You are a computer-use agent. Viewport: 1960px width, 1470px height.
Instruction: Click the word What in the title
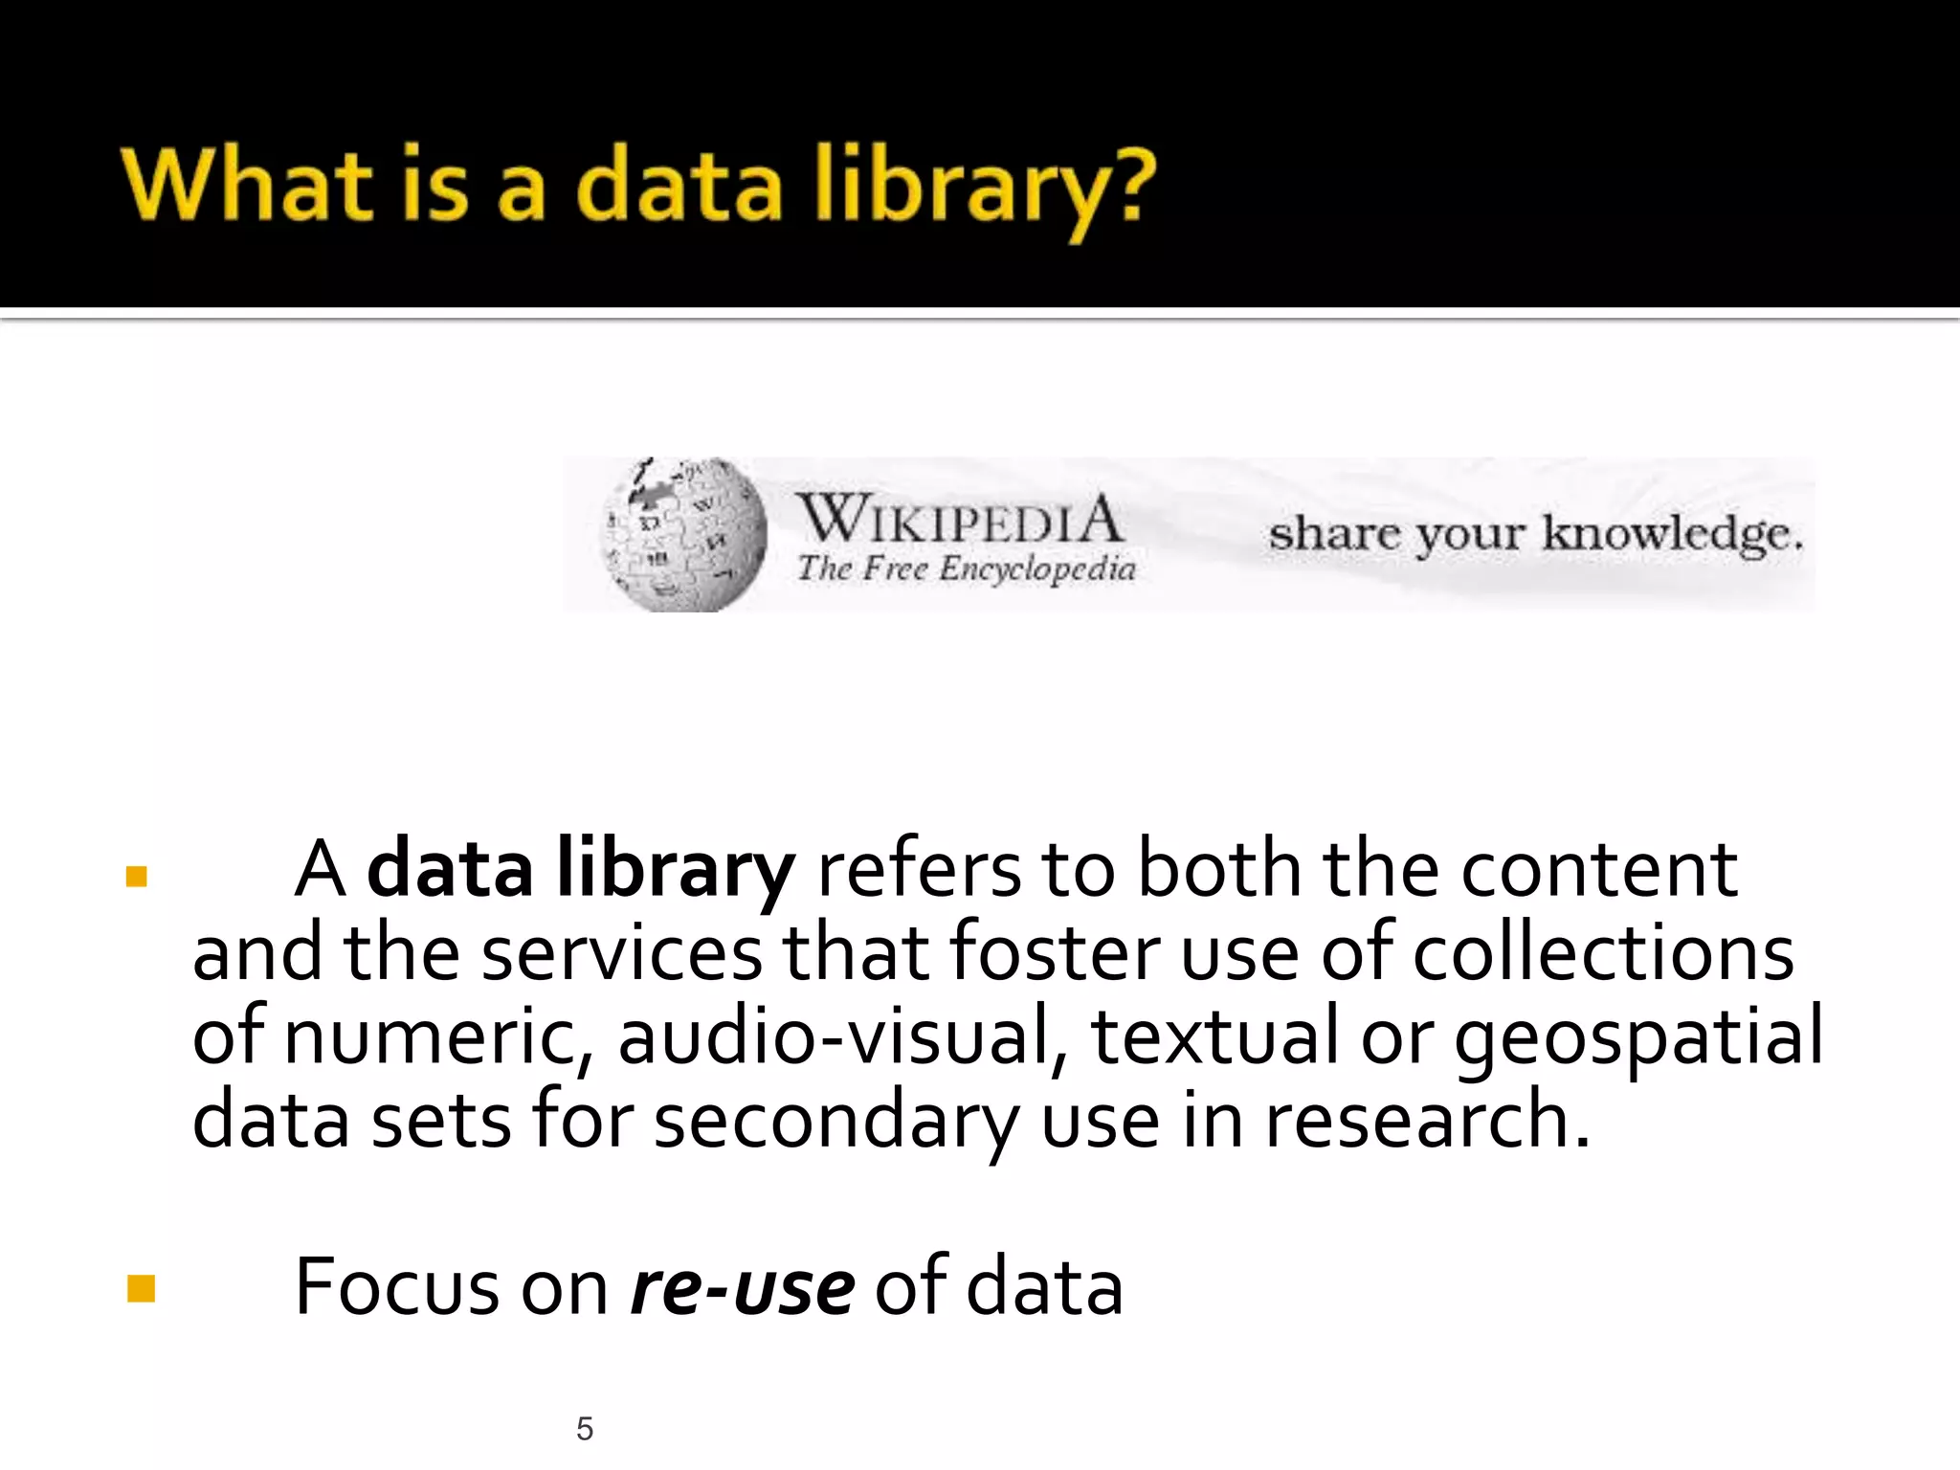tap(248, 184)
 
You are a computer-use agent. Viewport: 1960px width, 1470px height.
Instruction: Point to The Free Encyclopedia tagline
tap(967, 568)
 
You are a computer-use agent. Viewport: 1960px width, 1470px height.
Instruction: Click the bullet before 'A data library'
tap(137, 876)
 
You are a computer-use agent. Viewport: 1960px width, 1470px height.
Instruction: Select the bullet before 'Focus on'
tap(141, 1288)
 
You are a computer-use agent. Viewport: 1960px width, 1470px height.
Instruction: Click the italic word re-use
tap(742, 1288)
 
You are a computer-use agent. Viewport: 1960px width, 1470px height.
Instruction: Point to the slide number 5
tap(585, 1429)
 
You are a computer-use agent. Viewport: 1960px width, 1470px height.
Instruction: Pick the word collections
tap(1603, 953)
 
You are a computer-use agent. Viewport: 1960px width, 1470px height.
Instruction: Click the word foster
tap(1054, 953)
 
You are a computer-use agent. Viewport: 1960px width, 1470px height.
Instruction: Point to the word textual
tap(1214, 1037)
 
